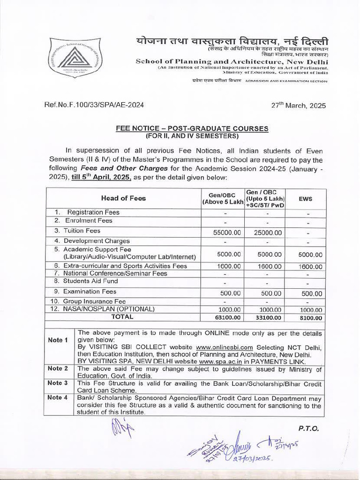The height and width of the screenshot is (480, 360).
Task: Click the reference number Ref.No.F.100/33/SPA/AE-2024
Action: (94, 105)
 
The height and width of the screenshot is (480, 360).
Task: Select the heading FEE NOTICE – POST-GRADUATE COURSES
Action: (192, 128)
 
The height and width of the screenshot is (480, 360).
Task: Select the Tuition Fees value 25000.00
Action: (268, 232)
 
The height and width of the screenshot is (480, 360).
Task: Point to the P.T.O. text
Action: (307, 428)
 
